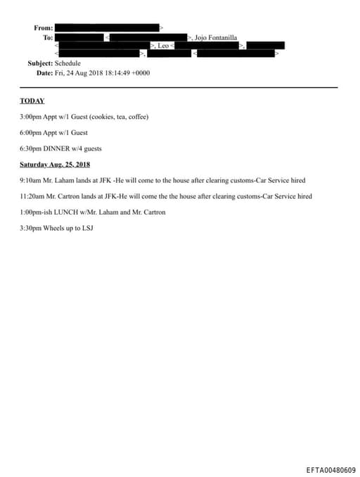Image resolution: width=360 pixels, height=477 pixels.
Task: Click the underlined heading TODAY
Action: tap(32, 101)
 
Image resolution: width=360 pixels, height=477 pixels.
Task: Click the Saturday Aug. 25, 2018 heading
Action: tap(55, 165)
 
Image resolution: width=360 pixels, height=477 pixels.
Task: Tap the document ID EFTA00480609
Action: tap(330, 470)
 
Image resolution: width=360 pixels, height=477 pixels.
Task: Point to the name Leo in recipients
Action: tap(162, 44)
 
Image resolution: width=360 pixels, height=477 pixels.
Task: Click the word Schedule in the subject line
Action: tap(67, 63)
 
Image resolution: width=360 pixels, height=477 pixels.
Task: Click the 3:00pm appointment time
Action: tap(32, 116)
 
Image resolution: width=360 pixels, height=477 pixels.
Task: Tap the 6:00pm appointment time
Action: tap(32, 132)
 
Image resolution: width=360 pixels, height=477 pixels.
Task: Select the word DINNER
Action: tap(58, 148)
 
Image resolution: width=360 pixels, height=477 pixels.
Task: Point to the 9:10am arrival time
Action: tap(32, 180)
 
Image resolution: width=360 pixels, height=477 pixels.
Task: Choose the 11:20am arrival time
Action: tap(33, 196)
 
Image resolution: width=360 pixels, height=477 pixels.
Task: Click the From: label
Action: tap(43, 27)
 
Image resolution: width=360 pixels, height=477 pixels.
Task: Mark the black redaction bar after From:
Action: tap(106, 27)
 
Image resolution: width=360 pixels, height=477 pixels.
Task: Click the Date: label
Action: tap(44, 72)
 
